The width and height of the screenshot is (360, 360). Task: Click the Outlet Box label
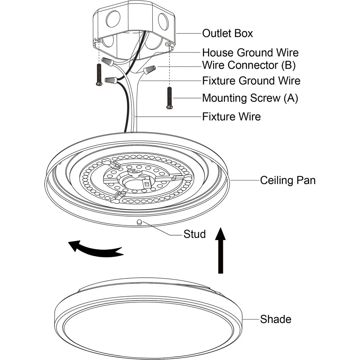(227, 33)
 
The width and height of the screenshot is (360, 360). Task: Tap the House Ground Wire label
(250, 53)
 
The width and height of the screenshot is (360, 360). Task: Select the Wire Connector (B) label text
(249, 65)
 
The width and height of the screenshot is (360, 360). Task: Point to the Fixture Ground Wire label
(251, 81)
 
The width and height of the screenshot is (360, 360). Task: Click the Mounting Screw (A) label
(250, 98)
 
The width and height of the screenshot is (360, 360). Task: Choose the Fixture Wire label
(231, 116)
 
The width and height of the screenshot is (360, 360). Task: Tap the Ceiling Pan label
(288, 180)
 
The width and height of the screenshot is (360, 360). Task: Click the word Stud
(194, 234)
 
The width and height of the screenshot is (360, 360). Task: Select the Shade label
(276, 319)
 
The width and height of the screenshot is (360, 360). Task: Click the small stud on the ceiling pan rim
(139, 222)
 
